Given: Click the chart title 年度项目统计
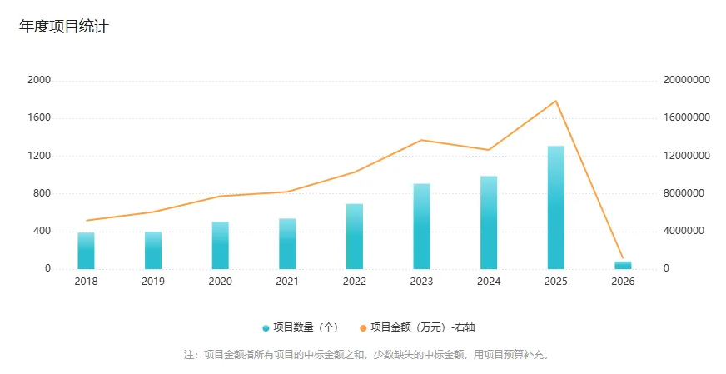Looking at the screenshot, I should [64, 27].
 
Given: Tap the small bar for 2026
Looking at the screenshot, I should [623, 265].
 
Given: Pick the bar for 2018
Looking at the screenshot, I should [86, 251].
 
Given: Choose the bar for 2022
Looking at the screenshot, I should [355, 237].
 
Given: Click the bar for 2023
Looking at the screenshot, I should [422, 227].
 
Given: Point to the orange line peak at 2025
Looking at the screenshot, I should [556, 101].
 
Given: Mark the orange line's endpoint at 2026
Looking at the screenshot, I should [623, 258].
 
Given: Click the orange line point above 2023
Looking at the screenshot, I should [422, 140].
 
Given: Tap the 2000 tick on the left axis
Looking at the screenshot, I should [39, 80].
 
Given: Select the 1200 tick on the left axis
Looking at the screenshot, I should [39, 156].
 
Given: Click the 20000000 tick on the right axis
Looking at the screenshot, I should [686, 80].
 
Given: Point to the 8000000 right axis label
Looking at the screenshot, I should [684, 193].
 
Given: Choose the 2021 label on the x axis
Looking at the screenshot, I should [287, 282].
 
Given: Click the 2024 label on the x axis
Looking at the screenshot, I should [489, 282].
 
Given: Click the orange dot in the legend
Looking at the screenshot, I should [363, 328].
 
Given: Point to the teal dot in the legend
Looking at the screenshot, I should [266, 328].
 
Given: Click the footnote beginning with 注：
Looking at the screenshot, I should [366, 354].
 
